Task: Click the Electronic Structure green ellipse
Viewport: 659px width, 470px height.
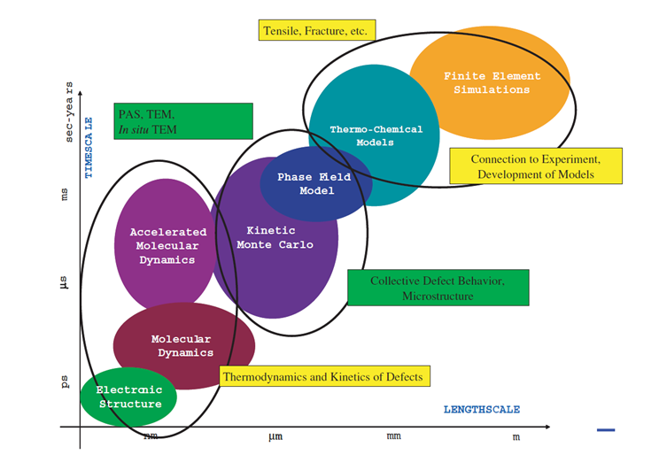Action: click(x=128, y=397)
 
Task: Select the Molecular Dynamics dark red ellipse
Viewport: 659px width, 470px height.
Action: click(x=182, y=346)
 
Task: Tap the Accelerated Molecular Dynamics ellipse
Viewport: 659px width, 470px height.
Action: click(x=167, y=244)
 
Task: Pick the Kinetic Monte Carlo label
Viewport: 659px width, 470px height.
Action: click(x=274, y=237)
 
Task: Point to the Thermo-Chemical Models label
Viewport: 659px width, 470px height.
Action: click(x=376, y=135)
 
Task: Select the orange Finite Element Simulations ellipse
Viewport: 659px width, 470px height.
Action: click(x=491, y=83)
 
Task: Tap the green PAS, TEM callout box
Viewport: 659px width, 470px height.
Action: click(x=182, y=121)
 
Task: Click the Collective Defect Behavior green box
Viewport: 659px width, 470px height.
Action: click(x=438, y=288)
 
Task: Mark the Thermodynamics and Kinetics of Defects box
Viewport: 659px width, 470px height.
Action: click(x=324, y=375)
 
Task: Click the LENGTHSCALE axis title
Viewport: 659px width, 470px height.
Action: click(x=481, y=410)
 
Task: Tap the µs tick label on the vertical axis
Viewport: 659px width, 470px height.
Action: click(x=65, y=285)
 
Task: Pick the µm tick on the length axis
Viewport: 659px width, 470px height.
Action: click(x=276, y=436)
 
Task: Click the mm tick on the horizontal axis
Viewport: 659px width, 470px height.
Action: click(x=393, y=436)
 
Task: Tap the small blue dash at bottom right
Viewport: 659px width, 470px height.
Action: click(x=606, y=430)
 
